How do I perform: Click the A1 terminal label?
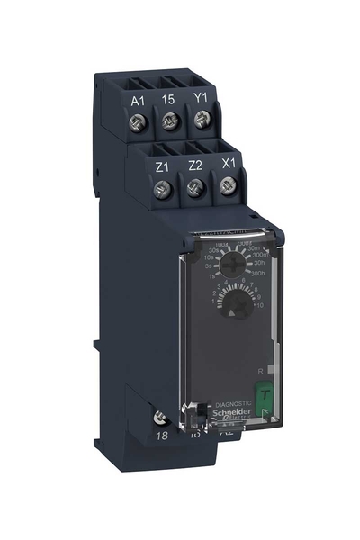(138, 100)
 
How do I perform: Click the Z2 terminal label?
(195, 166)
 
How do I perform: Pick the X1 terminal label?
(228, 164)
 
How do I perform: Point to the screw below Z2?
(195, 187)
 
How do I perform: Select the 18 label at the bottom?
(162, 435)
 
